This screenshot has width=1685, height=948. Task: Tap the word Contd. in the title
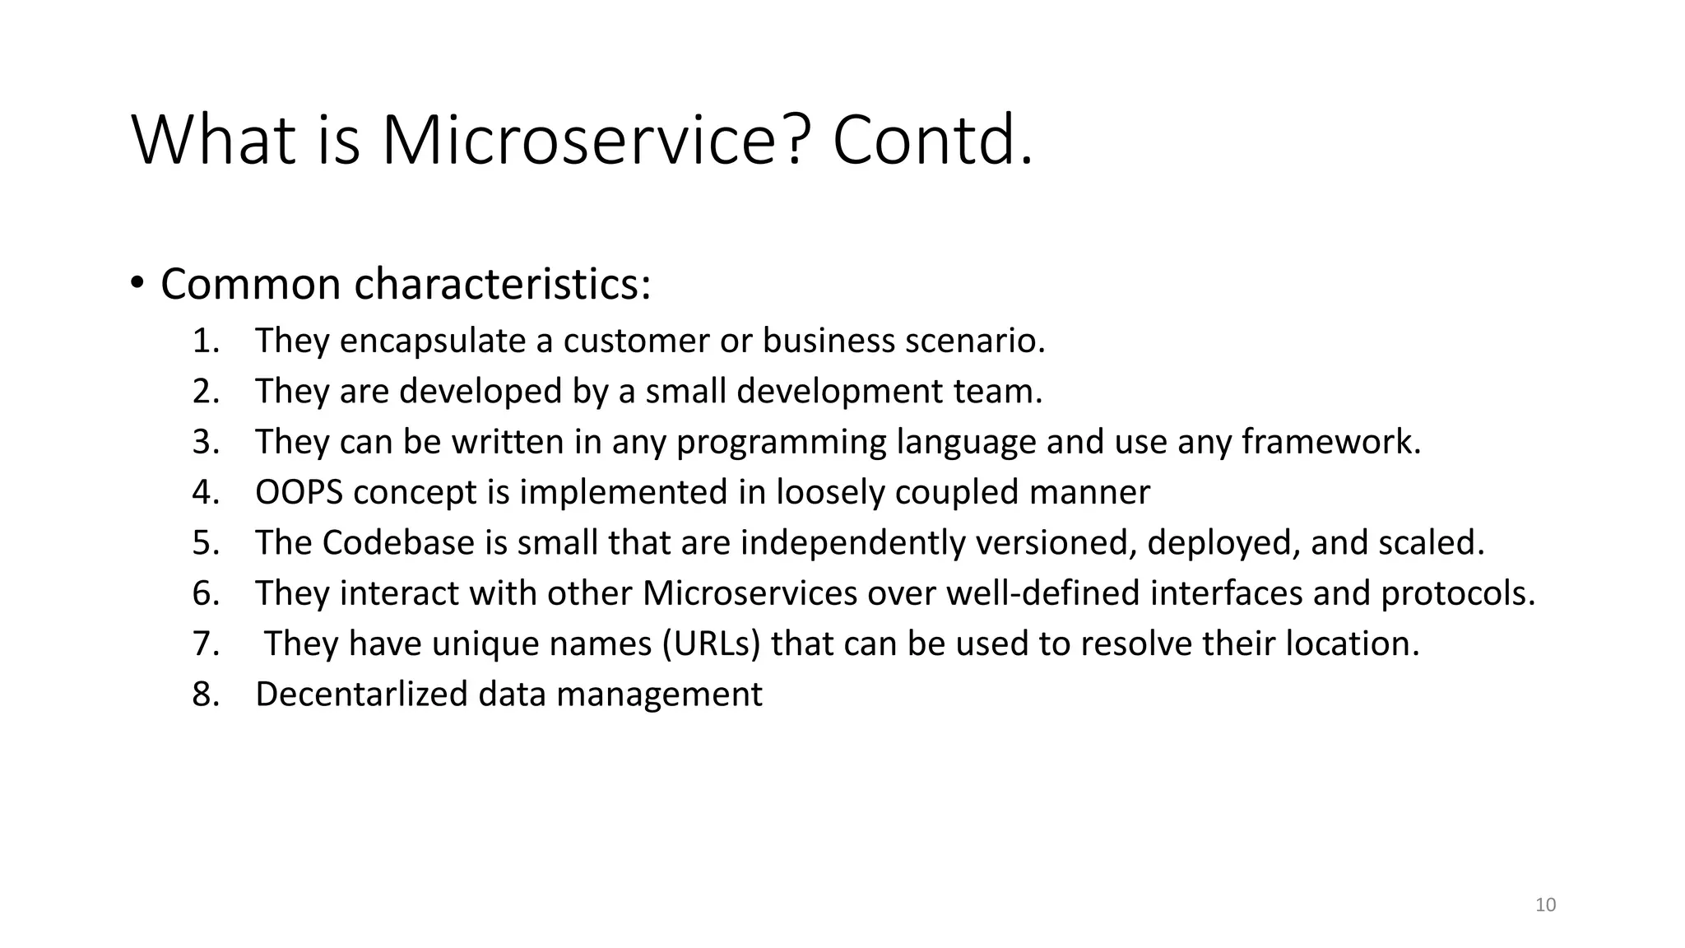[932, 141]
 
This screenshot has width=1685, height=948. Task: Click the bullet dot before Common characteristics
[137, 283]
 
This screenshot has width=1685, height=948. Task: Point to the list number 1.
[206, 341]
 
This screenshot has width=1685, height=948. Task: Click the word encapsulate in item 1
[433, 341]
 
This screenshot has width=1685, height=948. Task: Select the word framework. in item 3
[1331, 442]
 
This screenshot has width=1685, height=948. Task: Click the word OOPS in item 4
[299, 492]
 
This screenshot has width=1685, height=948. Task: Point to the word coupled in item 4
[957, 493]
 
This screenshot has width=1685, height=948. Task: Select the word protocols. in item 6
[1458, 593]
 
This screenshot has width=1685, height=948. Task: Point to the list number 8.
[206, 694]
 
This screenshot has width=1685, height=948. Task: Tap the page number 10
[1546, 905]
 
